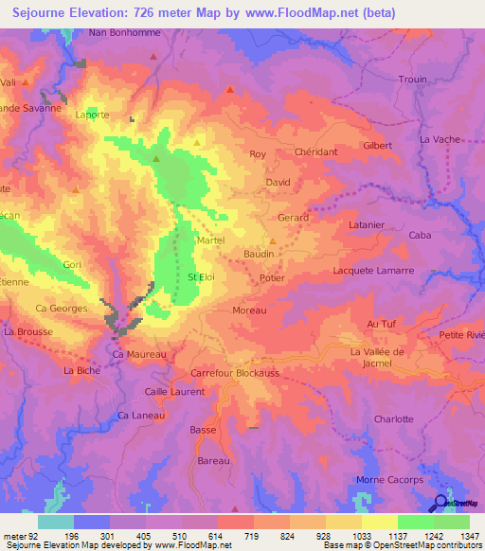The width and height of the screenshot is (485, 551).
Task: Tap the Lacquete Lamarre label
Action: (x=374, y=270)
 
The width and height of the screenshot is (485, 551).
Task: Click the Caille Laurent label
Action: (x=173, y=391)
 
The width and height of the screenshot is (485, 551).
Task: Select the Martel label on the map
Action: (x=210, y=241)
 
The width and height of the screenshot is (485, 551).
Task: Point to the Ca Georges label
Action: (x=61, y=309)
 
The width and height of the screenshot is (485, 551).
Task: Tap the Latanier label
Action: (x=366, y=225)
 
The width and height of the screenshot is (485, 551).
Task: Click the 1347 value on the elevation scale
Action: (x=469, y=536)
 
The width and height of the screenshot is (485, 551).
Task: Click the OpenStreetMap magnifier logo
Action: (x=439, y=503)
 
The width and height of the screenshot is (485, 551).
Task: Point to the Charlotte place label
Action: (x=394, y=418)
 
